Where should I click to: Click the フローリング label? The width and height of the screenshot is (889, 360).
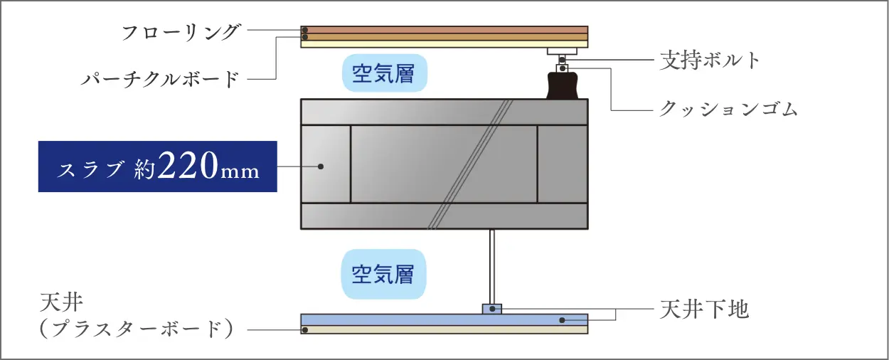click(181, 32)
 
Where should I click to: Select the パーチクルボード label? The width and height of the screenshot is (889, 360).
click(160, 79)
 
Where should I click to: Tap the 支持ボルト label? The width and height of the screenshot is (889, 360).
click(710, 60)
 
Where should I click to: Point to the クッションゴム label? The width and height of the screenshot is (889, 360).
click(728, 108)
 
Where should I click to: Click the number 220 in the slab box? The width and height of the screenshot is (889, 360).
click(188, 165)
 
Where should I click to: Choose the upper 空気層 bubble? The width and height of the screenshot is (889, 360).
click(385, 73)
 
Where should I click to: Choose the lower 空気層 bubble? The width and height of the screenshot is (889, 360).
click(384, 274)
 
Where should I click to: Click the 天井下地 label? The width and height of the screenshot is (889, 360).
click(704, 309)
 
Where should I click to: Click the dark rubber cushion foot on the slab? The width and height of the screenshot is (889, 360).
click(563, 85)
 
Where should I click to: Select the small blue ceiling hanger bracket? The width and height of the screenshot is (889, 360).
click(492, 309)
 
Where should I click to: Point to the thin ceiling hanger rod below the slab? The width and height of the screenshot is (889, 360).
click(492, 267)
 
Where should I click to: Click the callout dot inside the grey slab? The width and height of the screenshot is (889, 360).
click(321, 166)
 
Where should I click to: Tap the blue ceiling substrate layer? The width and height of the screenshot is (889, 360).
click(444, 320)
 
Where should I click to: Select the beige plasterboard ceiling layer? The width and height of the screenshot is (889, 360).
click(444, 329)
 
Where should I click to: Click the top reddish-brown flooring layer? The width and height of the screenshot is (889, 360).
click(444, 30)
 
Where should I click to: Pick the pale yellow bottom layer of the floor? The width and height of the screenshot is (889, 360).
click(444, 44)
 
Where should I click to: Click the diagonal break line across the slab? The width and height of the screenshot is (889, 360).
click(469, 164)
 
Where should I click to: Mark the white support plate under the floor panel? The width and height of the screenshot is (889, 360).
click(562, 51)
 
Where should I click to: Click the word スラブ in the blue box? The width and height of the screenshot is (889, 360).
click(90, 169)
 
